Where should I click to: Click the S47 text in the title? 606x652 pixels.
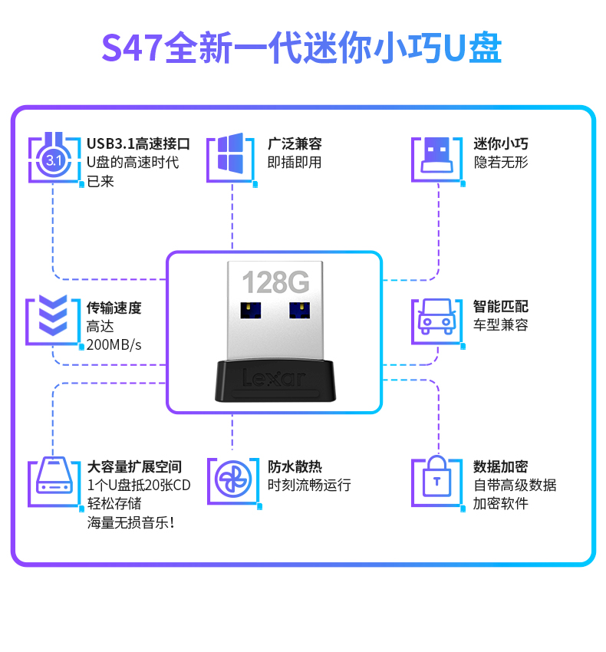point(132,48)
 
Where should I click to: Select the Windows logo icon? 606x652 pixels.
point(230,153)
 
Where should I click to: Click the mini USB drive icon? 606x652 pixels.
point(436,155)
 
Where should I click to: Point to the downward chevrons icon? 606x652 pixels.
point(53,315)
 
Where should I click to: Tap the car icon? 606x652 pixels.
point(436,317)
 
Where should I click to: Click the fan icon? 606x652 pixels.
point(233,479)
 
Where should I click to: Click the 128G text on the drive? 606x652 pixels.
point(275,282)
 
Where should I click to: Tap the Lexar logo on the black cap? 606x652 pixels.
point(274,378)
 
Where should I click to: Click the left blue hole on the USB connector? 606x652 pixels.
point(251,310)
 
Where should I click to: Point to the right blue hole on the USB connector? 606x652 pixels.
point(299,310)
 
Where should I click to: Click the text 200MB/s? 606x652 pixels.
point(114,345)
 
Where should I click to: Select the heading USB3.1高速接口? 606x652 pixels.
point(138,144)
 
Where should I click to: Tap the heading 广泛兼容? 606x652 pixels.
point(295,144)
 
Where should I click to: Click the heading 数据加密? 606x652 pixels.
point(500,466)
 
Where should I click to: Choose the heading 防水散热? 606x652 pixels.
point(295,466)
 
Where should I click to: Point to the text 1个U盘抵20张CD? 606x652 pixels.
point(139,486)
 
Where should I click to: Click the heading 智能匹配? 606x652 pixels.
point(500,307)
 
